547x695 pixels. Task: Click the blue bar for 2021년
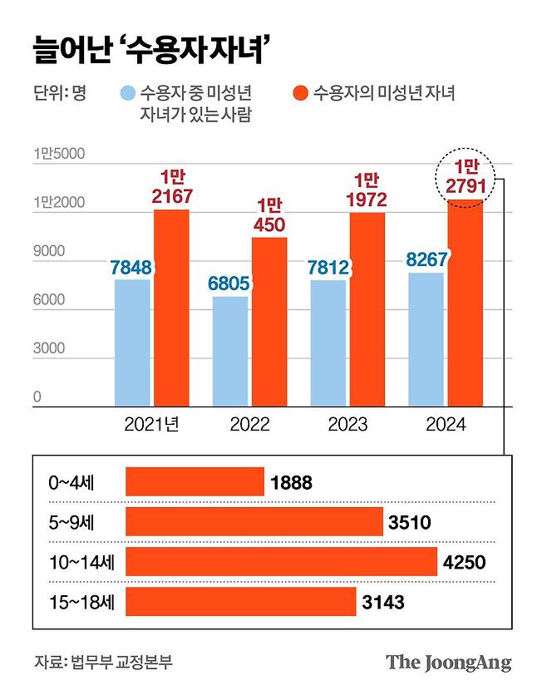pos(132,343)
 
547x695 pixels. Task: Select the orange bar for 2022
pos(269,322)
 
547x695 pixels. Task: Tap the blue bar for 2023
pos(328,343)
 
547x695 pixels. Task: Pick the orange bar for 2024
pos(465,303)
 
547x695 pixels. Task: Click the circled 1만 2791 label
pos(465,175)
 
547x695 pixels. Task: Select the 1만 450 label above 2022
pos(269,214)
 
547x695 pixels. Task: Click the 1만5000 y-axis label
pos(59,153)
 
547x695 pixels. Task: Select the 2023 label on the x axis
pos(348,425)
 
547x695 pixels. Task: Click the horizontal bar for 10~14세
pos(281,561)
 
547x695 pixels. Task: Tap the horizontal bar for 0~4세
pos(195,481)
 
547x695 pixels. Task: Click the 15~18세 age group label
pos(81,602)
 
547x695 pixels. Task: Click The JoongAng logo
pos(448,662)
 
